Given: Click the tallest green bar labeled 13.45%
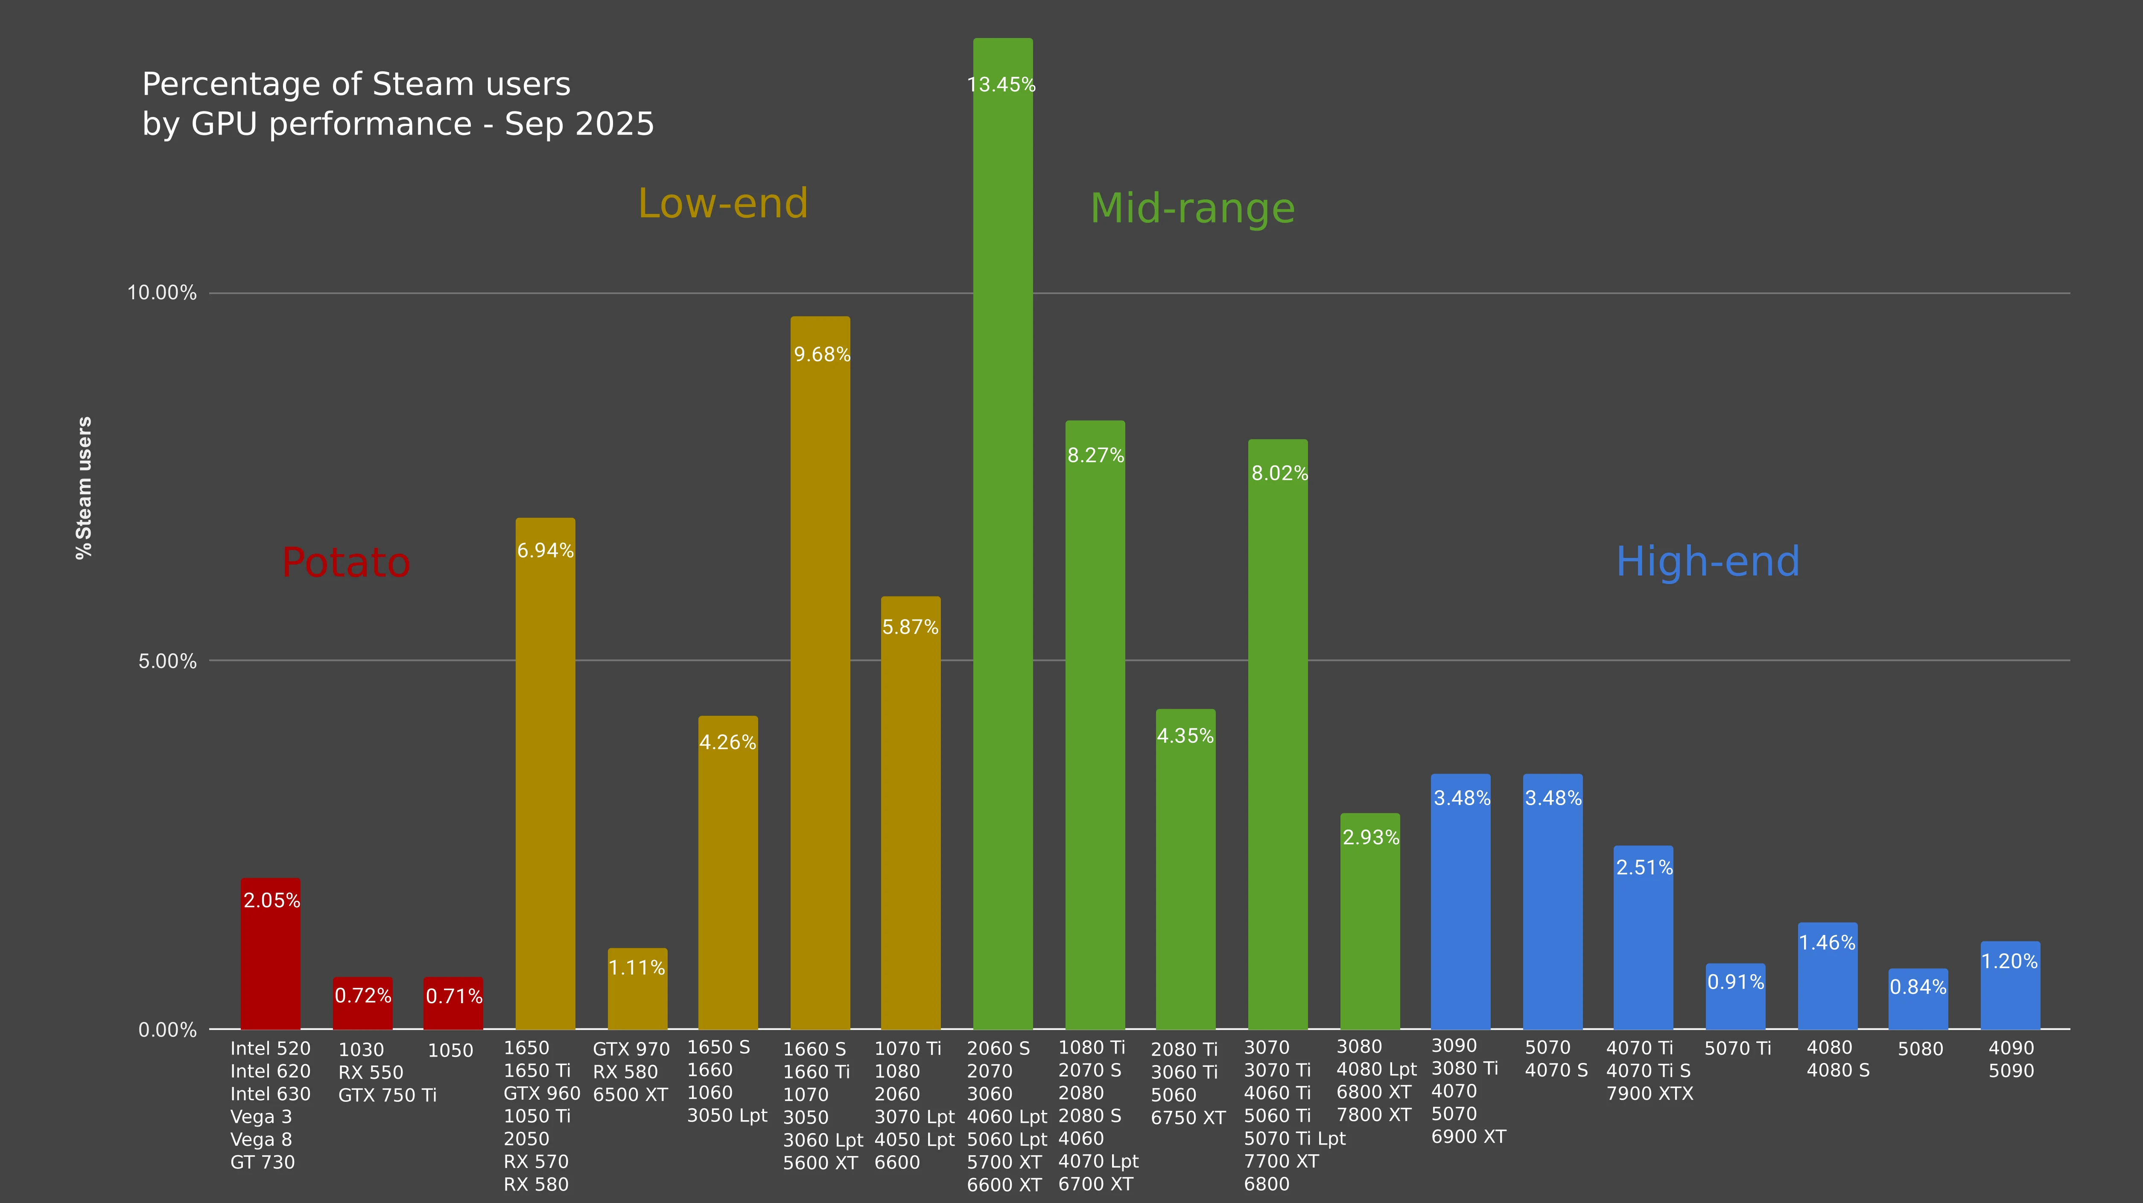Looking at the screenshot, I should [1002, 532].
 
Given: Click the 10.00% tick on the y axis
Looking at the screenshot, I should [161, 293].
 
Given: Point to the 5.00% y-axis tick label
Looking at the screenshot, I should [167, 661].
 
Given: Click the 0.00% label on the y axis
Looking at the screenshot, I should [167, 1030].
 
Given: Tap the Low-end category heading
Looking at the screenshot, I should [723, 204].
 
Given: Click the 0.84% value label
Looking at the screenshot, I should [1918, 987].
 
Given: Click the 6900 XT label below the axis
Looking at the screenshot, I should [1469, 1136].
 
